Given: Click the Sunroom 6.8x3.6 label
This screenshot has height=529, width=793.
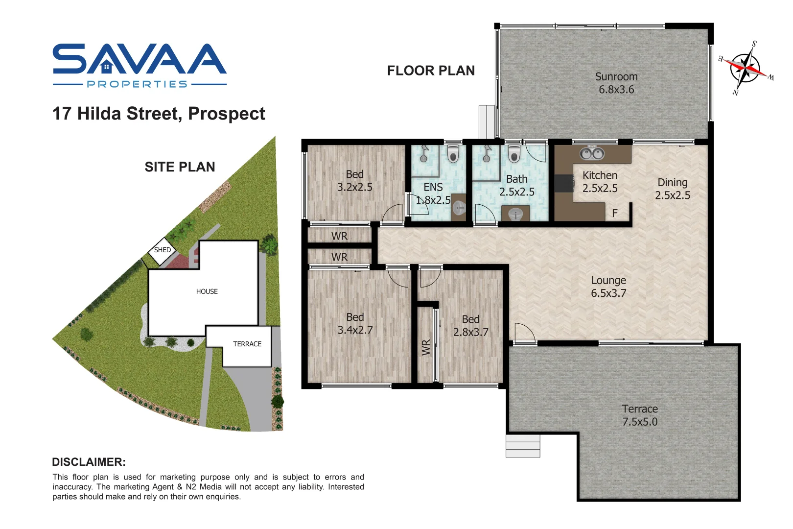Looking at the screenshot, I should tap(616, 83).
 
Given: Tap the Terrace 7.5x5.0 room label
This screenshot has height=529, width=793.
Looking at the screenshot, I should tap(639, 415).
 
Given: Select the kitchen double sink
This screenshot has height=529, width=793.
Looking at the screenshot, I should tap(592, 154).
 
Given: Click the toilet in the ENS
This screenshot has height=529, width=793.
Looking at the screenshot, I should tap(453, 154).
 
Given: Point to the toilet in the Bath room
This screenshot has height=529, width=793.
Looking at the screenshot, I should tap(513, 154).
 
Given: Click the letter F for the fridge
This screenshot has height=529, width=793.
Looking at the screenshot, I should tap(615, 214).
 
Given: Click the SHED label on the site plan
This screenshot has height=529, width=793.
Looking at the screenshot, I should tap(163, 250).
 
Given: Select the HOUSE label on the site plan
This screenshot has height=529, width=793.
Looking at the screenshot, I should tap(207, 291).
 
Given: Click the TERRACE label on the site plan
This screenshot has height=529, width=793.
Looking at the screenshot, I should tap(247, 344).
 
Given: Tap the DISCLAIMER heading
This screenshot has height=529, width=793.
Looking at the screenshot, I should tap(89, 462).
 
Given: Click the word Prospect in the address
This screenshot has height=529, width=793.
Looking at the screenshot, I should tap(226, 114).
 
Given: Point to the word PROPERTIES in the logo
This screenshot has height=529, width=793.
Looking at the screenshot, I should tap(137, 84).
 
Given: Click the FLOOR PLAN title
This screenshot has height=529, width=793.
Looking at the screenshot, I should tap(431, 71).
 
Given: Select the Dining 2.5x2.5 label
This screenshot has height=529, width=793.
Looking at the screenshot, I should tap(672, 189).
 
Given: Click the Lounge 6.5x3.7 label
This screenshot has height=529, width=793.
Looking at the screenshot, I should tap(608, 287).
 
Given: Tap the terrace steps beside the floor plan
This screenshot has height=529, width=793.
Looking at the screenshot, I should tap(522, 446).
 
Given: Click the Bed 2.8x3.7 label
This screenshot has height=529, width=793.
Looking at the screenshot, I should tap(470, 326).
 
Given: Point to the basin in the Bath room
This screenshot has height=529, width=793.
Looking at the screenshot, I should tap(515, 214).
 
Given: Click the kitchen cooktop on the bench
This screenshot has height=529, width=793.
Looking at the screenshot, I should tap(563, 184).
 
